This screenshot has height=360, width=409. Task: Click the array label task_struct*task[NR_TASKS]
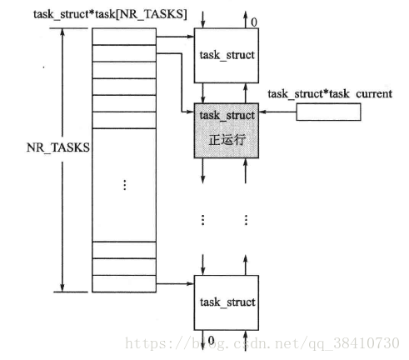coord(110,14)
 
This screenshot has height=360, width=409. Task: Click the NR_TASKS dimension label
coord(58,147)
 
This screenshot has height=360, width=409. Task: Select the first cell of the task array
coord(124,37)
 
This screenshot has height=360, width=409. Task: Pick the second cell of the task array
coord(124,53)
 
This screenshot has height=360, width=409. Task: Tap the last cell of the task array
coord(124,283)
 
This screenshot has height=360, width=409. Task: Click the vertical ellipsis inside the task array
coord(125,185)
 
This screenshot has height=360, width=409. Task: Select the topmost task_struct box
coord(227,56)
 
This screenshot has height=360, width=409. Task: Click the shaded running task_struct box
coord(227,131)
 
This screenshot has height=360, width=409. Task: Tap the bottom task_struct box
coord(227,302)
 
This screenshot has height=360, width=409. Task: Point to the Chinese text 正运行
coord(227,140)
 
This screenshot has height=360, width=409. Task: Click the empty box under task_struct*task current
coord(328,112)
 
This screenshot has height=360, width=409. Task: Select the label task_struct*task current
coord(330,94)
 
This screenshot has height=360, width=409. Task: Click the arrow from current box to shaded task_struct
coord(277,112)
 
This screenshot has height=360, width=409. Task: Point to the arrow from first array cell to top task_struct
coord(175,37)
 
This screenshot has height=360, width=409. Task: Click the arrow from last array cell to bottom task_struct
coord(175,283)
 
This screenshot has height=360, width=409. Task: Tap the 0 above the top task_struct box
coord(254,22)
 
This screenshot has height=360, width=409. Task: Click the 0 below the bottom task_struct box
coord(212,340)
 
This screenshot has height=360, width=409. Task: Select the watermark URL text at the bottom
coord(262,343)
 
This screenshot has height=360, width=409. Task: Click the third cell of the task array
coord(124,70)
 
